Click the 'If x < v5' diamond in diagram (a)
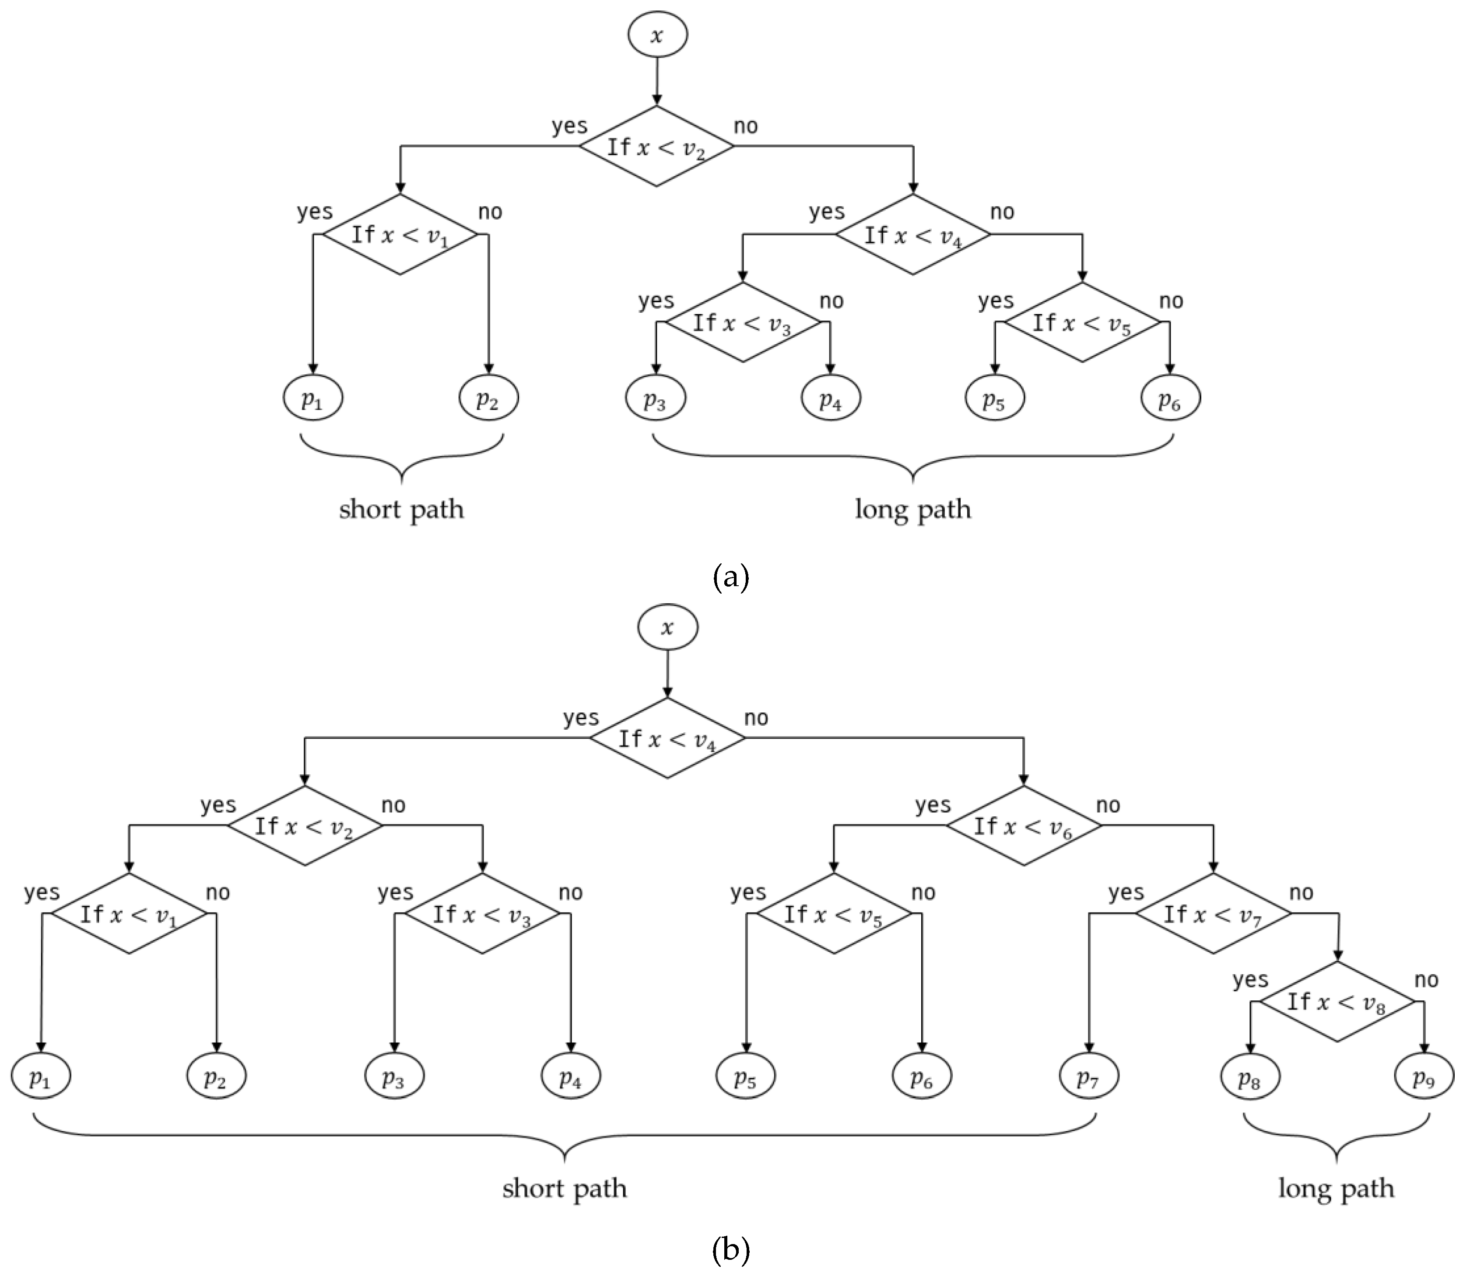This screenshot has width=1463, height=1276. [1082, 322]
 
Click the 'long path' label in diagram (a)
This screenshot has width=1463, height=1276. [912, 510]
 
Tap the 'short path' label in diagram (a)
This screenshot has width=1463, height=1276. [401, 510]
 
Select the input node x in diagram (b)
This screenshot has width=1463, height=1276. [667, 627]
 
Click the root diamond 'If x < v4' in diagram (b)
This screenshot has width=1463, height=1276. [667, 738]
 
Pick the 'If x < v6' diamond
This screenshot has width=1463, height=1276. [1024, 826]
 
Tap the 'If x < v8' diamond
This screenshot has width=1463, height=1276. [1336, 1002]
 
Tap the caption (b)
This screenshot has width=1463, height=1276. [731, 1250]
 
